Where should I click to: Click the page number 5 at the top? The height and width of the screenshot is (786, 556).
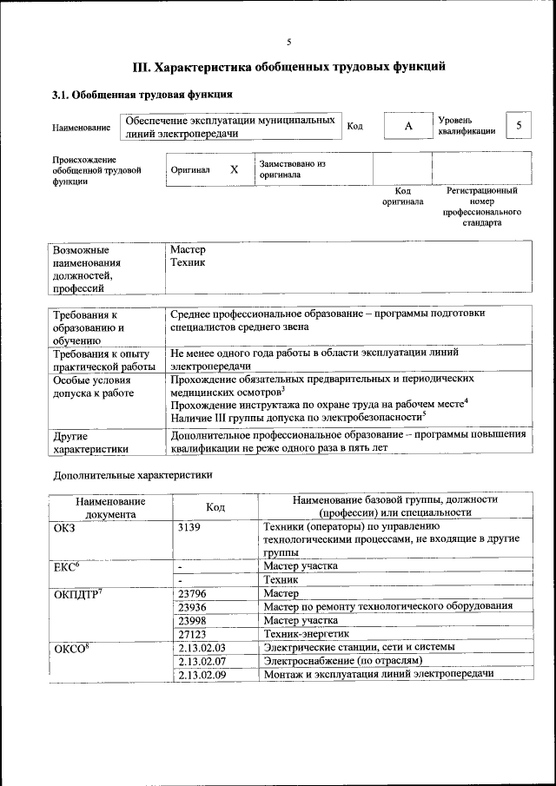289,42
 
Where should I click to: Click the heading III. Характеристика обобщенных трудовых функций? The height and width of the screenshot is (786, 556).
289,66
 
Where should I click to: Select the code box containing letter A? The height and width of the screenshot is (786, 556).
407,127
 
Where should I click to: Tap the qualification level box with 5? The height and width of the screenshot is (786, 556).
519,126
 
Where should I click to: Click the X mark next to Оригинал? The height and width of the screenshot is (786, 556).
234,170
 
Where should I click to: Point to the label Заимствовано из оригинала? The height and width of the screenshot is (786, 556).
291,168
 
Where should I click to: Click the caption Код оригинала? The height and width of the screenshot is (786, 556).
403,195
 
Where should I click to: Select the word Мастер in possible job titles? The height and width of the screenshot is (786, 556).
188,249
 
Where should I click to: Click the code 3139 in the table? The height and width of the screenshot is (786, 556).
189,527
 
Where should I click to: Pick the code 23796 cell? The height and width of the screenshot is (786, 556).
191,593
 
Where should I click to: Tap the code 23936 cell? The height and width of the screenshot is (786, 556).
191,606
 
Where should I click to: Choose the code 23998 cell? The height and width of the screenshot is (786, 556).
191,620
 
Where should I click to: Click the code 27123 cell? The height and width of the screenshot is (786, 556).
191,634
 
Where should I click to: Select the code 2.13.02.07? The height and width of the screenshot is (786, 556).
201,661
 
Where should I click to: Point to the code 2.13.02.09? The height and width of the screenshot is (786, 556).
201,675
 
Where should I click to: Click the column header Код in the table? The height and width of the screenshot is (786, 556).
215,506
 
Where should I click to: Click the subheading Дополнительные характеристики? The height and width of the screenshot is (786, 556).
132,475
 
